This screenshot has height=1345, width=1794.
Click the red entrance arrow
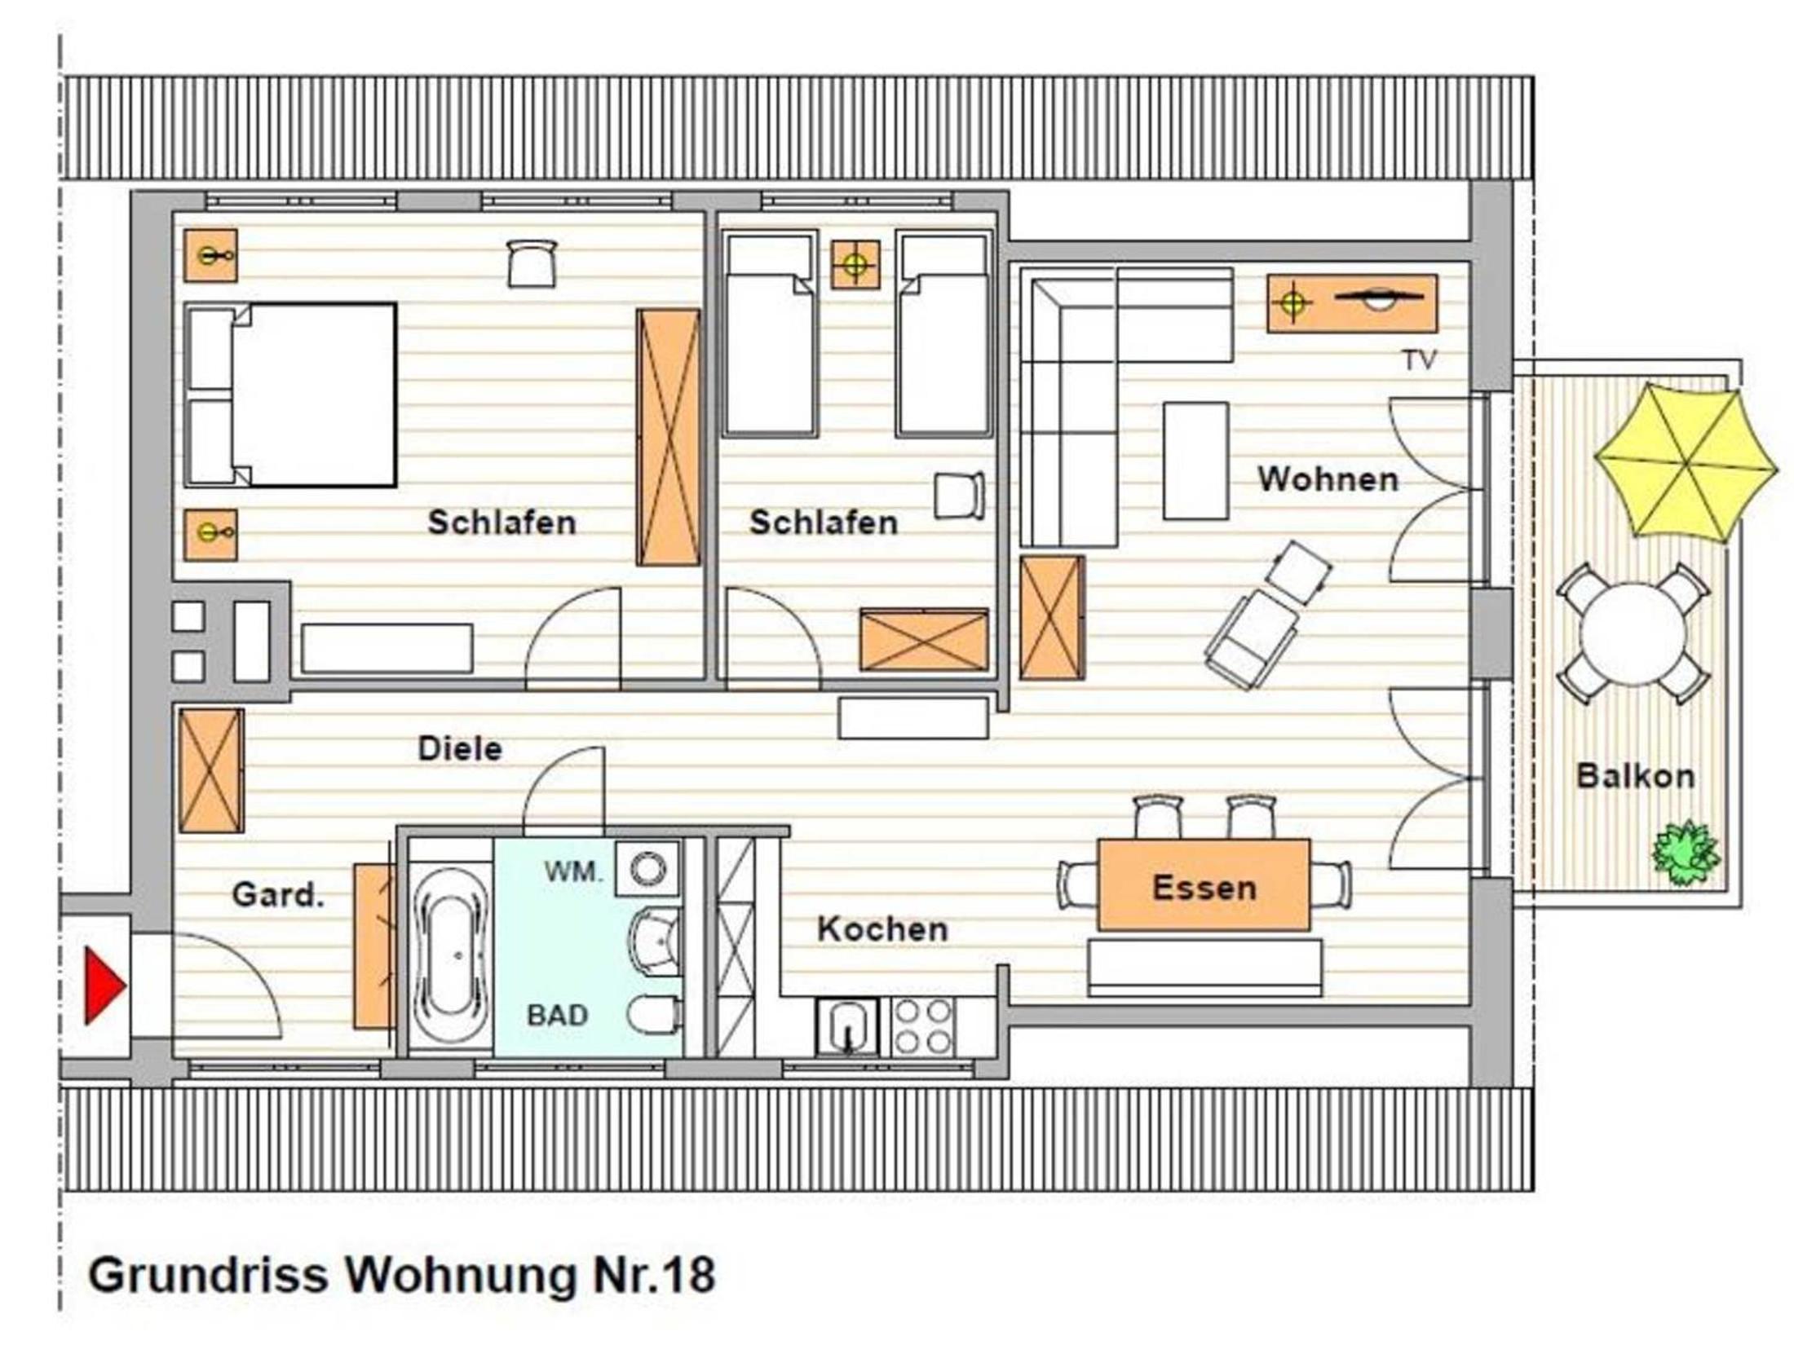(104, 986)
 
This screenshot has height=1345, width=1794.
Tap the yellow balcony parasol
(1686, 462)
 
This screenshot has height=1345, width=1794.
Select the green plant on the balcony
(1686, 852)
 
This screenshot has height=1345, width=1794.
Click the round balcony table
(1633, 634)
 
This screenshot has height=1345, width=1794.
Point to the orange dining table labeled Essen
(1204, 884)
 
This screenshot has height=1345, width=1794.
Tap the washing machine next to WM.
(647, 869)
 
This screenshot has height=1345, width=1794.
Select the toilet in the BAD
(654, 1016)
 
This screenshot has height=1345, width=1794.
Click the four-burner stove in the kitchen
(923, 1026)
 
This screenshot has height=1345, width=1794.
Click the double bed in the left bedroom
(290, 395)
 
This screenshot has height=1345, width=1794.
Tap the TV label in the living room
(1420, 360)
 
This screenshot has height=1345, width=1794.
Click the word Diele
(460, 748)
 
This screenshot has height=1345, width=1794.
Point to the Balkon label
(1635, 775)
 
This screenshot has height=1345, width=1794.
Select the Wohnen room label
(1328, 478)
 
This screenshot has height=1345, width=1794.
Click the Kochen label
(883, 928)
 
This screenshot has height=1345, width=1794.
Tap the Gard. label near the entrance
(278, 894)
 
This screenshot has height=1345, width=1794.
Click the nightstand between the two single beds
(855, 265)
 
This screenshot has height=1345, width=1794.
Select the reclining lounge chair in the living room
(1268, 615)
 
